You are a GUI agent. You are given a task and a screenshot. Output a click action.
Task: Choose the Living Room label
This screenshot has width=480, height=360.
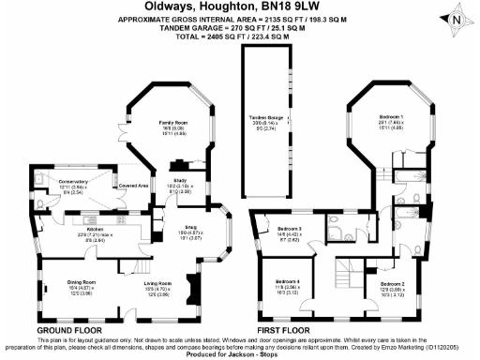[157, 282]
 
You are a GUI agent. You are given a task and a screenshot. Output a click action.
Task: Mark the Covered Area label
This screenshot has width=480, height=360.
[135, 187]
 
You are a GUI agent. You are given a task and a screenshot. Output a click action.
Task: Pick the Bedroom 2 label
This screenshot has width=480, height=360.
[392, 282]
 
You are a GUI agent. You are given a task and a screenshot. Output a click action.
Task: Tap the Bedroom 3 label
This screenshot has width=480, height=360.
[290, 229]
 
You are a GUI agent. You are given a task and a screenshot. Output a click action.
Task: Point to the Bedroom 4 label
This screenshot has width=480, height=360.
[289, 282]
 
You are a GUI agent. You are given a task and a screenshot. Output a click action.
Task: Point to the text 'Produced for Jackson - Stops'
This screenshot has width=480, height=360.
[240, 353]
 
